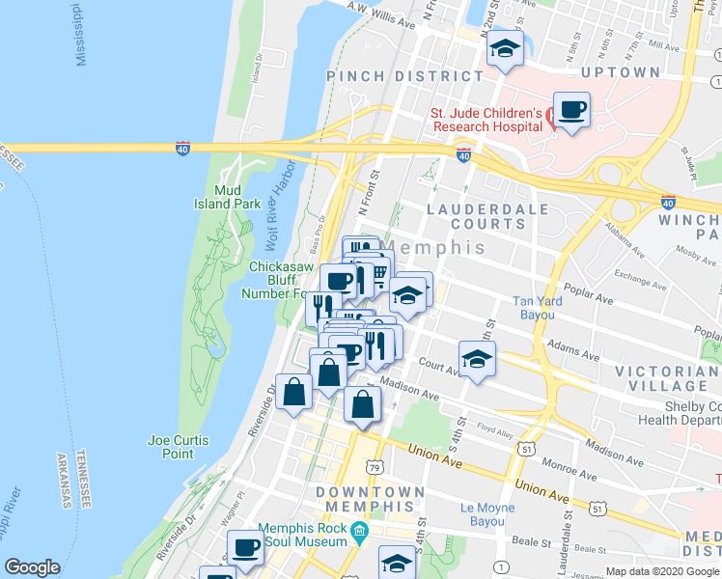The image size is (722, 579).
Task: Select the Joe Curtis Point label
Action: pyautogui.click(x=179, y=447)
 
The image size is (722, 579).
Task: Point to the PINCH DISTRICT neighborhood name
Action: pyautogui.click(x=404, y=75)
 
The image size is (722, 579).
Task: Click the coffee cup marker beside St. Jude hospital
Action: pyautogui.click(x=572, y=112)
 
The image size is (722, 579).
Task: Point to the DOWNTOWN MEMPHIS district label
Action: pyautogui.click(x=371, y=499)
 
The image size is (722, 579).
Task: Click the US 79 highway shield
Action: pyautogui.click(x=373, y=466)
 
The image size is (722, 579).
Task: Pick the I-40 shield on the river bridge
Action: pyautogui.click(x=182, y=149)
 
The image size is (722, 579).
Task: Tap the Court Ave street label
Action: pyautogui.click(x=438, y=365)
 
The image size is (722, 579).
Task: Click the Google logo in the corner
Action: pyautogui.click(x=32, y=567)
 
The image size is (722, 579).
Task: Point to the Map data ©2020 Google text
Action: pyautogui.click(x=661, y=571)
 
